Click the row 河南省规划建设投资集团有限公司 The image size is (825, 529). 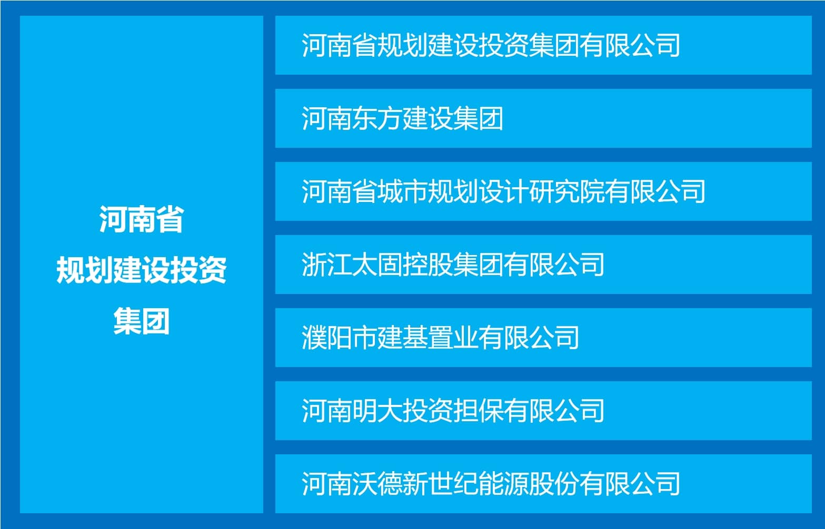[x=543, y=45]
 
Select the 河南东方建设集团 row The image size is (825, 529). [x=543, y=118]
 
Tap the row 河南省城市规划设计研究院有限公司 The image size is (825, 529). [x=543, y=191]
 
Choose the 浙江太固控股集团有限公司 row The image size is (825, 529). [x=543, y=264]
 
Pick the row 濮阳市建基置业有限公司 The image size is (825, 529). [x=543, y=338]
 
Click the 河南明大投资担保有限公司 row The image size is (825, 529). [x=543, y=411]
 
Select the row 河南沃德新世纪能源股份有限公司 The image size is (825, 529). [x=543, y=484]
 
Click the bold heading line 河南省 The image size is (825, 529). [x=142, y=219]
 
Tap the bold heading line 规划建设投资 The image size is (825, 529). [x=142, y=270]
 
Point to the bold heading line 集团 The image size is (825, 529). [x=142, y=321]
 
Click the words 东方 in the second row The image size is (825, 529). [x=377, y=118]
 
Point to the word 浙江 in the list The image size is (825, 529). [x=327, y=264]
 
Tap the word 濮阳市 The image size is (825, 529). [x=339, y=338]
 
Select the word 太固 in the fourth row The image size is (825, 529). [x=377, y=264]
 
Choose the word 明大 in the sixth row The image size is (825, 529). [x=377, y=411]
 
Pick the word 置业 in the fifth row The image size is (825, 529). [x=453, y=338]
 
